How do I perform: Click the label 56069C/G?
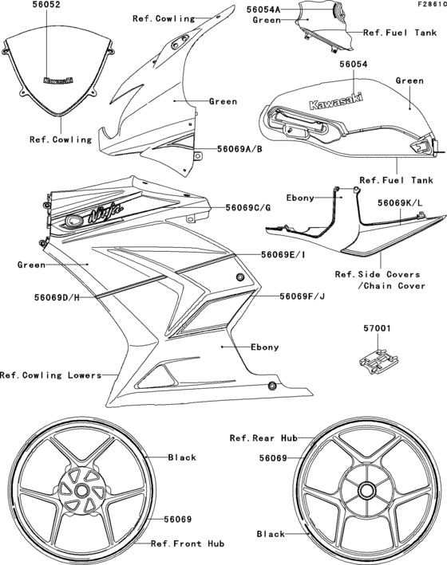click(247, 207)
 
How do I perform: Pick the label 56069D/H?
click(57, 297)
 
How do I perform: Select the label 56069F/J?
click(302, 296)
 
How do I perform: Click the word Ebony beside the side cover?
click(301, 196)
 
